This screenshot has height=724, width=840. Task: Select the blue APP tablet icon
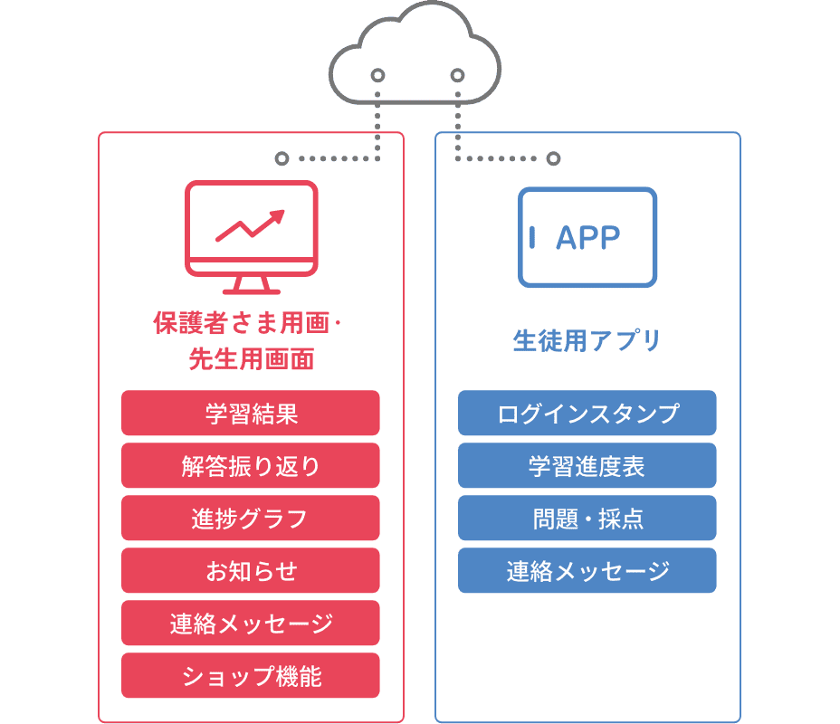pos(587,237)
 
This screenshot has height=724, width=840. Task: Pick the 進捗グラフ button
pos(250,518)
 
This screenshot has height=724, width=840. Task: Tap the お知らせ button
pos(250,570)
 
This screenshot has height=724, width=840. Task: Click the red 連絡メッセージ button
pos(250,623)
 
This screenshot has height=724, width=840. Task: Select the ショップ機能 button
pos(250,675)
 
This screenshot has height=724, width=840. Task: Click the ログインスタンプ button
pos(587,413)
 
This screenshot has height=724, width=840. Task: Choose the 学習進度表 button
pos(587,465)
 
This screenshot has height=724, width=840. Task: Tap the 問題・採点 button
pos(587,518)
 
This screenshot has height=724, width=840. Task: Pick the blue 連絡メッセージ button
pos(587,570)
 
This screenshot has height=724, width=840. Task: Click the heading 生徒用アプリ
pos(587,341)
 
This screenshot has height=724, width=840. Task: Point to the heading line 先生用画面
pos(251,359)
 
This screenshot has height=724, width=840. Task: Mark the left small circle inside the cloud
pos(378,75)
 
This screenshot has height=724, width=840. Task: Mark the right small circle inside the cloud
pos(457,75)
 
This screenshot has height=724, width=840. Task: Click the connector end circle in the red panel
pos(282,158)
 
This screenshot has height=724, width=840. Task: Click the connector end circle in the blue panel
pos(553,158)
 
